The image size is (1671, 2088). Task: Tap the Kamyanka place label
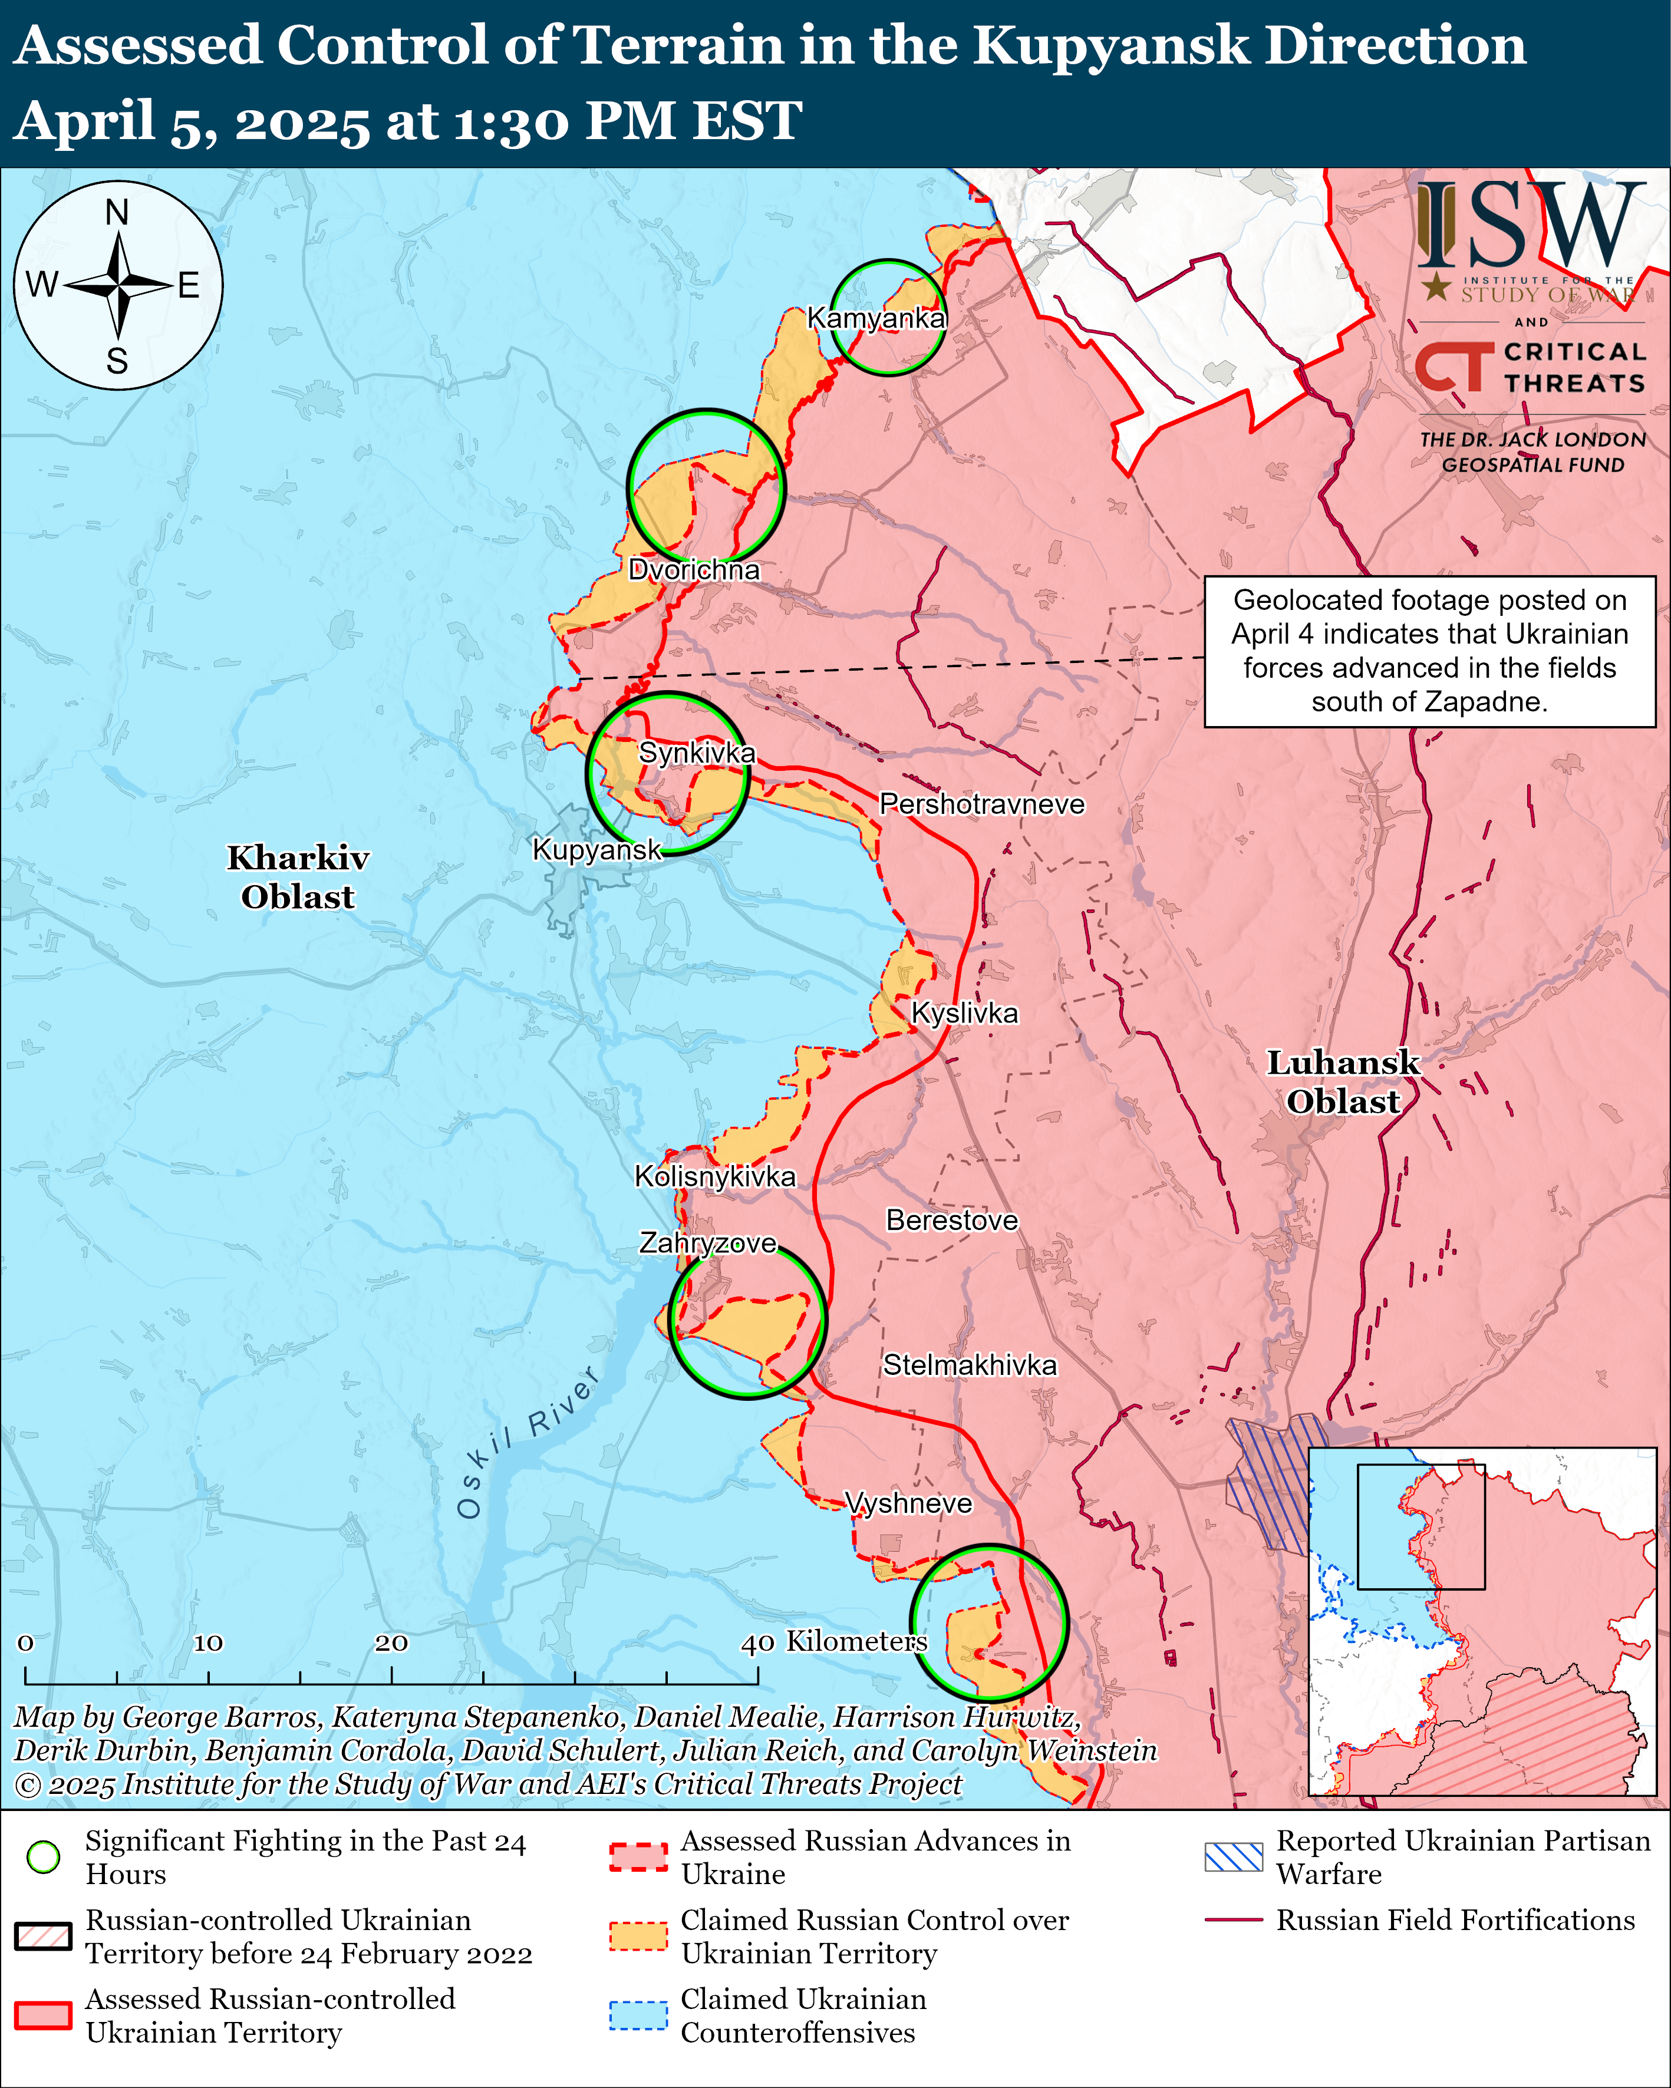[x=876, y=318]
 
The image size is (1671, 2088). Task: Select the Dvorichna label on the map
[x=694, y=569]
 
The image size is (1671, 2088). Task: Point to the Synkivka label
[x=697, y=753]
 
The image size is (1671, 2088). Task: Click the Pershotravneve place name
[x=981, y=804]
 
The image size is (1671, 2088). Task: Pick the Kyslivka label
[x=965, y=1013]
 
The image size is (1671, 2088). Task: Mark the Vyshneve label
[x=909, y=1503]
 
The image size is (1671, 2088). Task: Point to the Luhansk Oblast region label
[x=1343, y=1082]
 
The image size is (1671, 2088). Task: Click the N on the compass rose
[x=117, y=212]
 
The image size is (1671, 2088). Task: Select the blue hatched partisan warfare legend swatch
[x=1233, y=1856]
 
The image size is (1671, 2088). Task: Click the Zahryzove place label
[x=707, y=1242]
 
